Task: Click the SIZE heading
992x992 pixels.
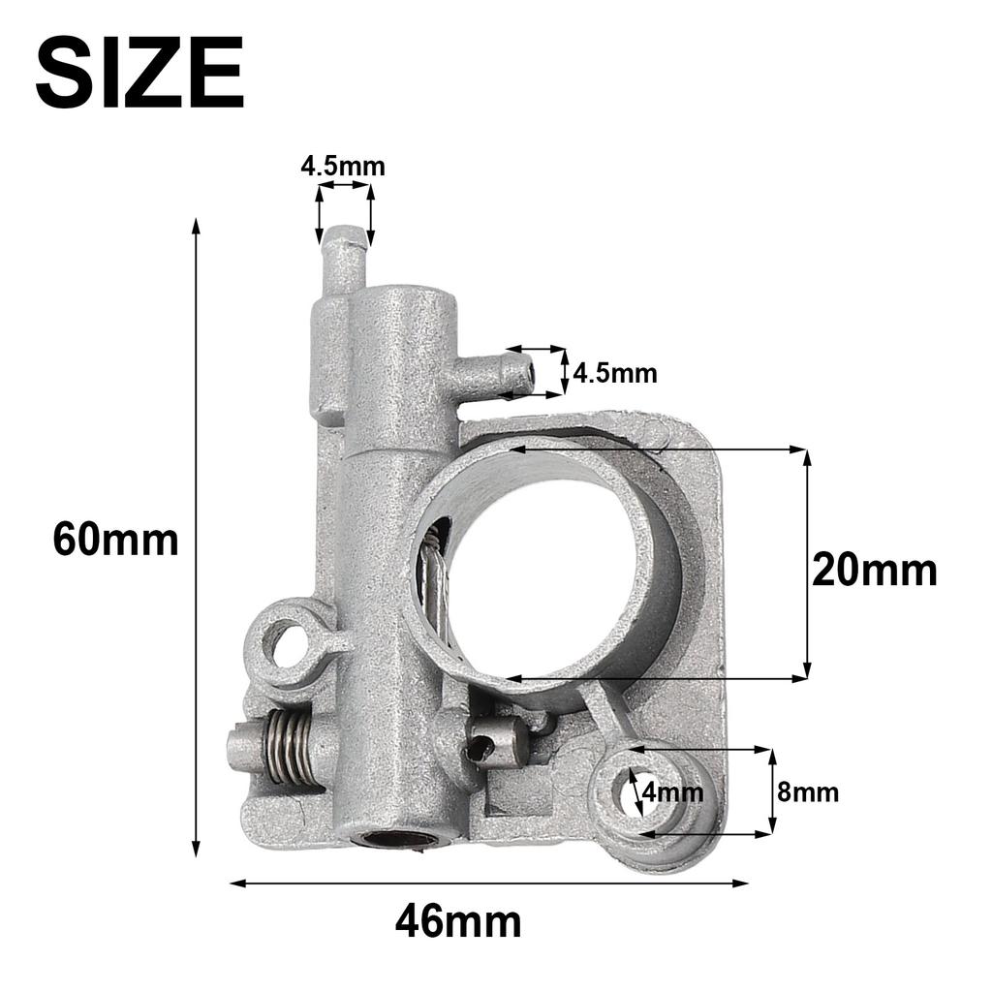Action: click(139, 74)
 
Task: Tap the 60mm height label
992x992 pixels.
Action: click(115, 540)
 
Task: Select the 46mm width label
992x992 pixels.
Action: click(457, 921)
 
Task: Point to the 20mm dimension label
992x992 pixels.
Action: click(874, 571)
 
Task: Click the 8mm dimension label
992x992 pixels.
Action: click(807, 792)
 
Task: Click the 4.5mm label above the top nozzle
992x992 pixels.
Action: click(342, 167)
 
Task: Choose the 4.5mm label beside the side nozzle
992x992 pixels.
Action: click(614, 373)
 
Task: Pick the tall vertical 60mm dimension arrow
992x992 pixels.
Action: click(197, 539)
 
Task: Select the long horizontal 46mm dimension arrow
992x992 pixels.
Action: click(489, 883)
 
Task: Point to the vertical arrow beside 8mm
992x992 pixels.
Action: click(772, 791)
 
